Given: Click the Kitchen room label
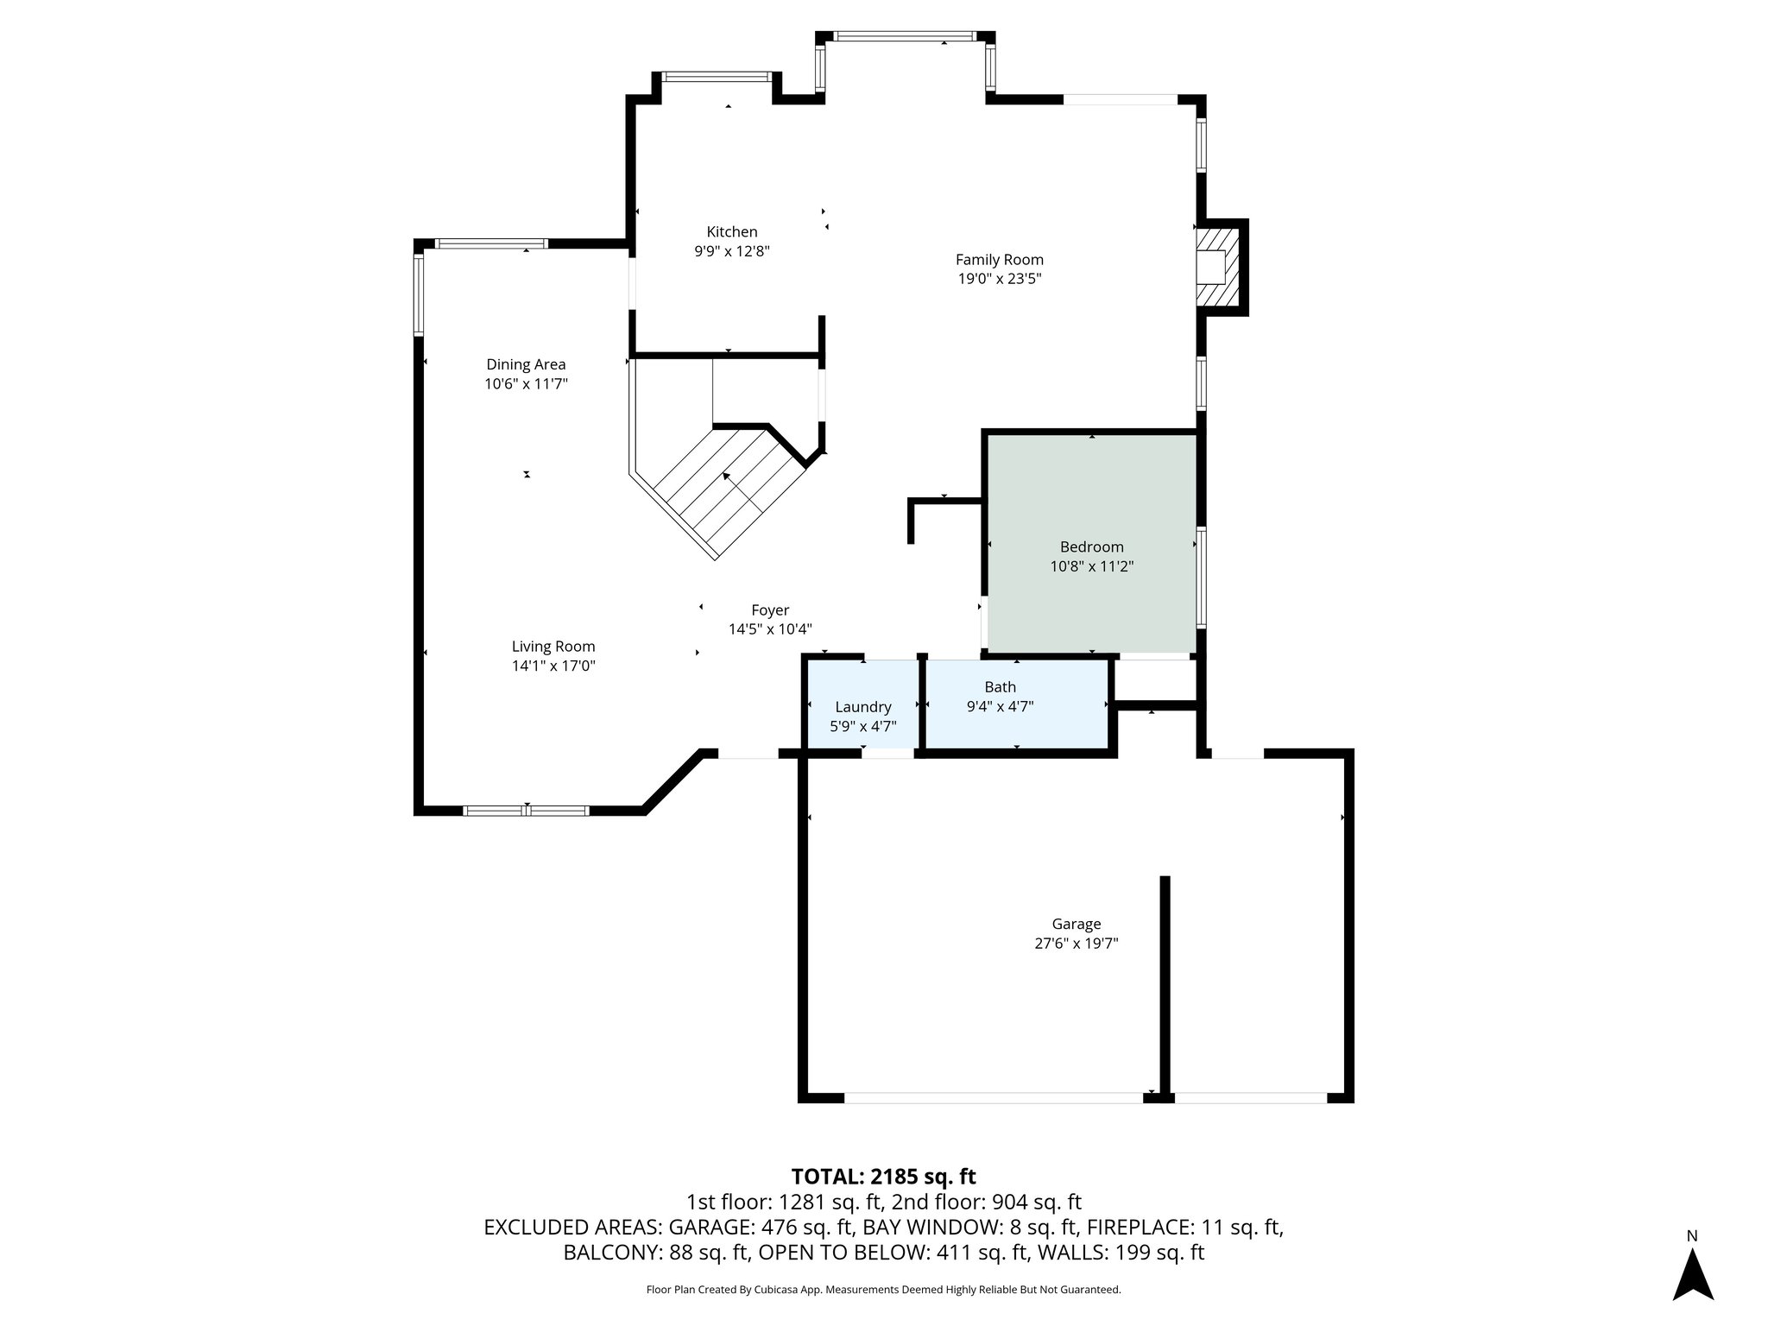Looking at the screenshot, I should [732, 231].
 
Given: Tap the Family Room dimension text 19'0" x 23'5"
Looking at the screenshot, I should [999, 279].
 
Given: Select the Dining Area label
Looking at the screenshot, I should [526, 364].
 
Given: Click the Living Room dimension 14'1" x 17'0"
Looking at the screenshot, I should [553, 666].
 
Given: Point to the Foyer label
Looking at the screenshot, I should [770, 610].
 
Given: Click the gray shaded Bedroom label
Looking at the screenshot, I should [1091, 546].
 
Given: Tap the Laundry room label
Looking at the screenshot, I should [862, 707].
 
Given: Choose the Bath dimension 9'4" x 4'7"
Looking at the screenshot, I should [1000, 706].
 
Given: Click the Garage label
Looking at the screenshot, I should [1076, 924].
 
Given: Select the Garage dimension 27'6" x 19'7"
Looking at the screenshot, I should [1076, 944].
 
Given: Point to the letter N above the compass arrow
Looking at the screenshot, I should [1692, 1236].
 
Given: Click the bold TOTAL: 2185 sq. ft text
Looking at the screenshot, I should [883, 1177].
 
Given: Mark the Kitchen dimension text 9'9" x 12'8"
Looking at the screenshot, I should [732, 251].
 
